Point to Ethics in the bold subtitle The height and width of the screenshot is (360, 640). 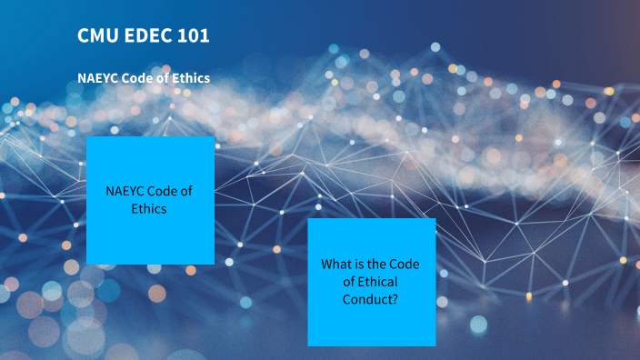tap(189, 78)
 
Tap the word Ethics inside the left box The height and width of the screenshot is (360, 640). tap(150, 208)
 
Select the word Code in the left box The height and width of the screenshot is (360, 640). tap(168, 191)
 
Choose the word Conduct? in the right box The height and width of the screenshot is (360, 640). tap(371, 299)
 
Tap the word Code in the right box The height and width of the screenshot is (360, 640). tap(405, 265)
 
